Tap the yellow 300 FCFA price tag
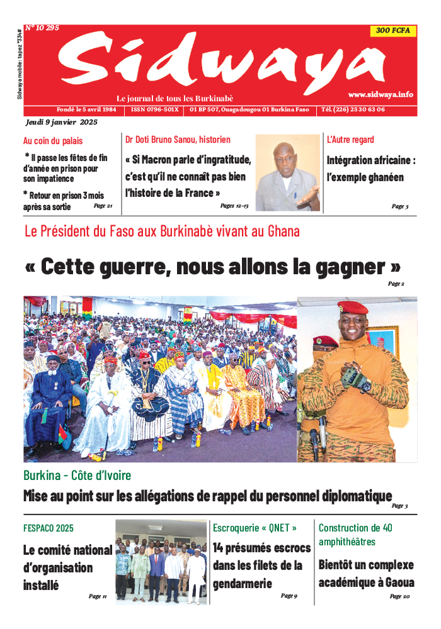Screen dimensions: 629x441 392,31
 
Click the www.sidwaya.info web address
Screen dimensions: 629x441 381,94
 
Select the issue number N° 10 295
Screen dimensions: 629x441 42,28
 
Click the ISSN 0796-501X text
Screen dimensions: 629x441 154,109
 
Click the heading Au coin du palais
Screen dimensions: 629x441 53,141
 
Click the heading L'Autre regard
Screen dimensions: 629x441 350,140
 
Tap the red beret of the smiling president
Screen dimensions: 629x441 353,308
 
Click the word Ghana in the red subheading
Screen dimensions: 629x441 283,231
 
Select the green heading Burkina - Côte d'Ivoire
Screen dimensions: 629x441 77,476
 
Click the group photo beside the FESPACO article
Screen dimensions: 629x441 161,560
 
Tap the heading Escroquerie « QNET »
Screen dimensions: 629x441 255,528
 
